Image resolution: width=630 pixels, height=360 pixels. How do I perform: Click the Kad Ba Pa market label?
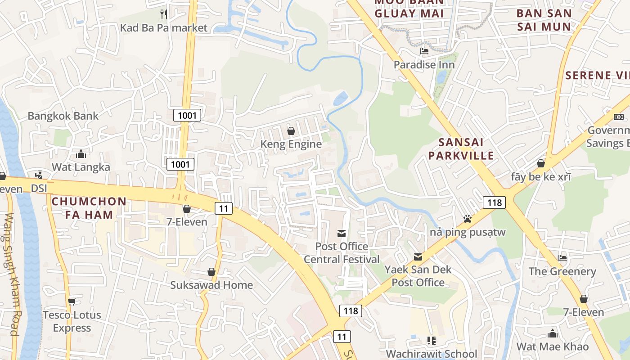pyautogui.click(x=164, y=28)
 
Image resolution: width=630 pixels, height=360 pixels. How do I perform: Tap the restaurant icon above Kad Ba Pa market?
pyautogui.click(x=164, y=14)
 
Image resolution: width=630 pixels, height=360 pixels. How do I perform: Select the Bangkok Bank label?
pyautogui.click(x=63, y=116)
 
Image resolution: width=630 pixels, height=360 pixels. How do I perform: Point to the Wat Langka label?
pyautogui.click(x=81, y=167)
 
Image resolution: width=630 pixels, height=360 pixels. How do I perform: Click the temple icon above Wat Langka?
pyautogui.click(x=81, y=154)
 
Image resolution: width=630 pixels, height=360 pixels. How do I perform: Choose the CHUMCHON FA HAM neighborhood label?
pyautogui.click(x=89, y=208)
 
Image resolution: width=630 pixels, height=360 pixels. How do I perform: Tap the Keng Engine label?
pyautogui.click(x=291, y=144)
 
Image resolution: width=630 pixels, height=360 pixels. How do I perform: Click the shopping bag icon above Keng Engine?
pyautogui.click(x=291, y=131)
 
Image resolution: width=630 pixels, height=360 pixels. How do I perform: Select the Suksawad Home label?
pyautogui.click(x=211, y=285)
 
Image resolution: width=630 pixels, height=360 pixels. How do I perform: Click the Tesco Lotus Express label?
pyautogui.click(x=72, y=321)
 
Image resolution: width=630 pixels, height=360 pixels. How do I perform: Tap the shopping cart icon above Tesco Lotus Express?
pyautogui.click(x=72, y=301)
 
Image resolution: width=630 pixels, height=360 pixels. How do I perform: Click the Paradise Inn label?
pyautogui.click(x=424, y=65)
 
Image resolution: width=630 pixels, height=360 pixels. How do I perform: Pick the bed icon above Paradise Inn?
pyautogui.click(x=424, y=51)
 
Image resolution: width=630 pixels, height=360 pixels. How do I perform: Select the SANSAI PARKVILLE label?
pyautogui.click(x=461, y=149)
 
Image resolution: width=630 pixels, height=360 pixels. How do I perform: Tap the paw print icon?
pyautogui.click(x=468, y=219)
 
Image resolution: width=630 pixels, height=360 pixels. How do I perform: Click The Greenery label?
pyautogui.click(x=562, y=271)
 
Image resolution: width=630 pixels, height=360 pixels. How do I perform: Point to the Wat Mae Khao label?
pyautogui.click(x=553, y=346)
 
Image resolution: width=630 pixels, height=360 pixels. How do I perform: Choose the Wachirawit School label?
pyautogui.click(x=432, y=354)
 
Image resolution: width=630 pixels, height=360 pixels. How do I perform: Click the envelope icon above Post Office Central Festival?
pyautogui.click(x=342, y=233)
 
